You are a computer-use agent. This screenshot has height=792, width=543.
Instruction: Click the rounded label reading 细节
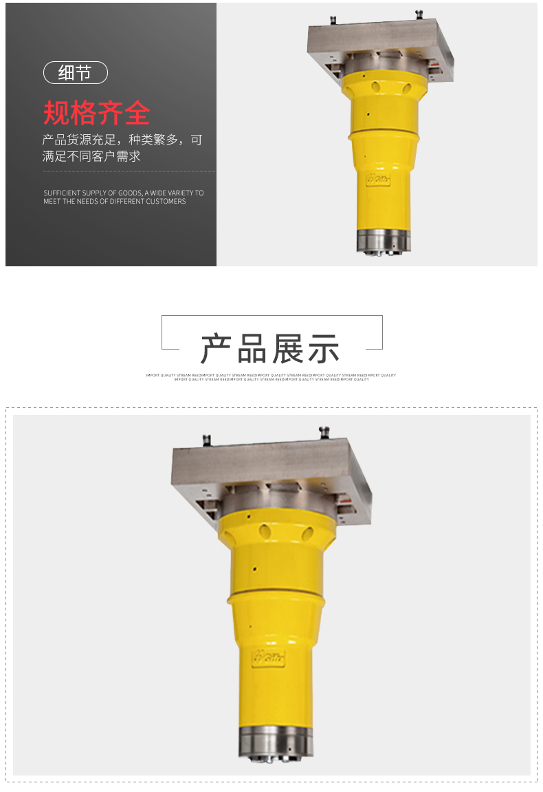click(x=75, y=73)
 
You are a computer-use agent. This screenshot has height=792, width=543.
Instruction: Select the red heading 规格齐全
click(x=96, y=112)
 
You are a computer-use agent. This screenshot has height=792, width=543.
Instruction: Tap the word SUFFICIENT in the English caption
click(x=63, y=193)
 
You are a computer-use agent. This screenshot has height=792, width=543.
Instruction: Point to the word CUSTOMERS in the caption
click(x=166, y=202)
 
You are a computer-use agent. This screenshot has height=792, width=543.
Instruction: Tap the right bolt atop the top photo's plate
click(x=419, y=14)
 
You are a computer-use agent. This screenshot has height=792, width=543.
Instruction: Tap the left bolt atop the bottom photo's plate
click(x=205, y=438)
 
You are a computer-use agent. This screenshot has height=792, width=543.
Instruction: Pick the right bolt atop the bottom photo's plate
click(x=323, y=432)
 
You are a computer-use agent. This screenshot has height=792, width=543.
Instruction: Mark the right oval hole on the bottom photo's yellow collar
click(x=307, y=533)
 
